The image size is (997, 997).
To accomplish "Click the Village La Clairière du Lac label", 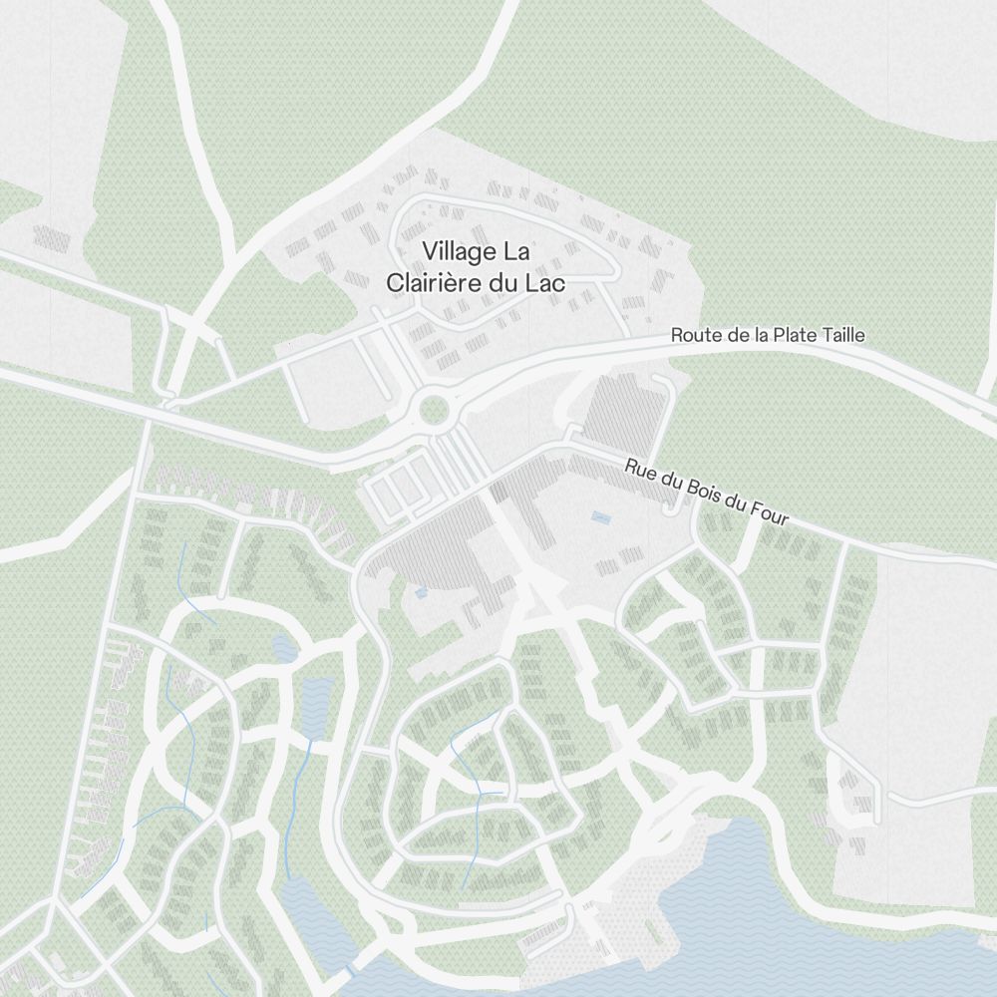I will pos(476,266).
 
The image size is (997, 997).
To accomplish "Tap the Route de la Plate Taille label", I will pos(768,335).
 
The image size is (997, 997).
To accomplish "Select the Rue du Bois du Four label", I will pos(707,493).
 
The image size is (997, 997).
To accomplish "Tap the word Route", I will pos(697,335).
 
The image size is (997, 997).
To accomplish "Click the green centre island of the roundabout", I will pos(434,409).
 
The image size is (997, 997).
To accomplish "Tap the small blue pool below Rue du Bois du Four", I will pos(601,517).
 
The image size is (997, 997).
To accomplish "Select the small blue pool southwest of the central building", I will pos(421,591).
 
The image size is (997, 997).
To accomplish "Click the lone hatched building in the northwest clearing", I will pos(51,237).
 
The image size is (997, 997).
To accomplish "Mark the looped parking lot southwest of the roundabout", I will pos(399,489).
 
